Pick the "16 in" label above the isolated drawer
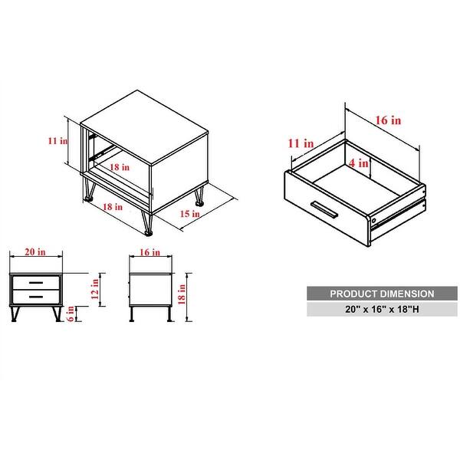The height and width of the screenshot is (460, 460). (x=387, y=120)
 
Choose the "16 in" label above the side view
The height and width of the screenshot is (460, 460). (x=150, y=251)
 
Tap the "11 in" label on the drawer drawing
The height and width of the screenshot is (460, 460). (x=301, y=143)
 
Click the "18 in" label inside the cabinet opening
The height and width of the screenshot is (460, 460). (x=118, y=166)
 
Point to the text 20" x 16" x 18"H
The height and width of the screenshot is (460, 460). (x=370, y=309)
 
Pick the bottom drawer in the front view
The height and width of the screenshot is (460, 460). (x=36, y=294)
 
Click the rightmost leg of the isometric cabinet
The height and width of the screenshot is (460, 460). (x=200, y=197)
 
